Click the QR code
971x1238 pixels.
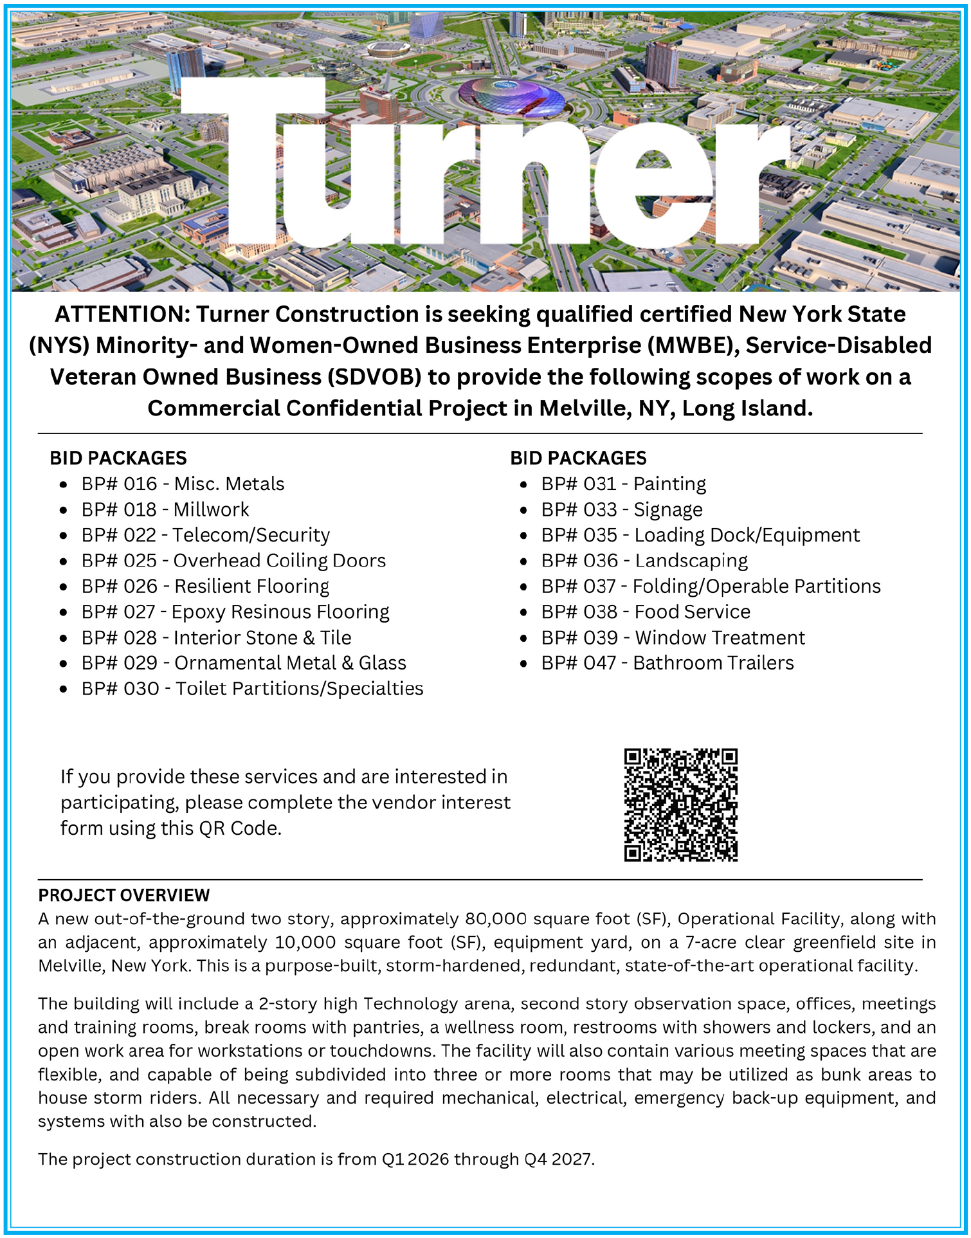(680, 805)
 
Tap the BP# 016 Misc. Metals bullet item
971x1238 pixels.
(183, 484)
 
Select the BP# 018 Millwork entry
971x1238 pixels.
(165, 509)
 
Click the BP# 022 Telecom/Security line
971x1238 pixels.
(205, 535)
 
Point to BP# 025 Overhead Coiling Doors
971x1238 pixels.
(233, 561)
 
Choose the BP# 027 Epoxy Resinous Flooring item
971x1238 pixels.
(235, 612)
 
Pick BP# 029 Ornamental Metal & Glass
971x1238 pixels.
(244, 663)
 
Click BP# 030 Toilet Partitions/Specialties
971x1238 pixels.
(252, 689)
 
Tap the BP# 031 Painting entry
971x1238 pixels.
(623, 484)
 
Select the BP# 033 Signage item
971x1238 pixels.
(622, 509)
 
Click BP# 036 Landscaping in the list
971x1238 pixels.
(644, 561)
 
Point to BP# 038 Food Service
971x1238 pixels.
(646, 612)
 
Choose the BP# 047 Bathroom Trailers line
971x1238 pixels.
(667, 663)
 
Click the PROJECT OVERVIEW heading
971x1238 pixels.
(123, 895)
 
